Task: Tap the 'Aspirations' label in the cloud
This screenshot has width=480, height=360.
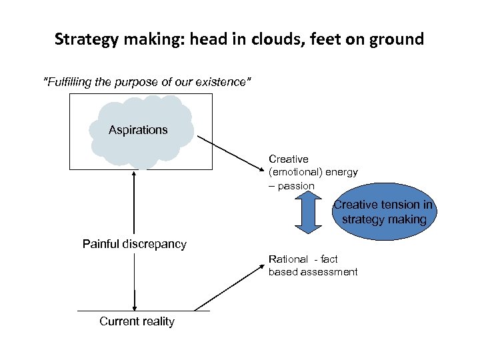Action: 138,130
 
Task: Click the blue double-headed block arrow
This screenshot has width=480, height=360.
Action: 308,213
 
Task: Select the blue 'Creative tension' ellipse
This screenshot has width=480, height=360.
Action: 383,212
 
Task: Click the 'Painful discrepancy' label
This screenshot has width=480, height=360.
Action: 135,244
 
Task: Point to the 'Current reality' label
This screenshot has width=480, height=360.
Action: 137,321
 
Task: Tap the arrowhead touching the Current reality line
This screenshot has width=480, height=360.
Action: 135,307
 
